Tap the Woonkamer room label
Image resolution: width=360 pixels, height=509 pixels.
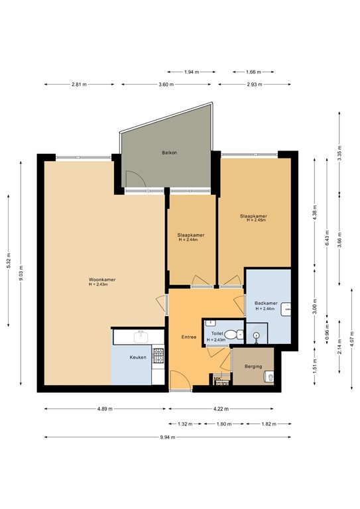tap(102, 280)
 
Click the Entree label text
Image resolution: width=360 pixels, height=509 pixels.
tap(189, 337)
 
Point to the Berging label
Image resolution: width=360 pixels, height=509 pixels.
tap(253, 367)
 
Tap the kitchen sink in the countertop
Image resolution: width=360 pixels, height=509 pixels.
tap(140, 337)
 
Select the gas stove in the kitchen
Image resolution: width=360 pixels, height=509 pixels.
tap(158, 357)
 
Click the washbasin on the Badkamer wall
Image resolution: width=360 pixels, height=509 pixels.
tap(287, 309)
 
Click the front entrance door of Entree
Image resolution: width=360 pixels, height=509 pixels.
tap(180, 380)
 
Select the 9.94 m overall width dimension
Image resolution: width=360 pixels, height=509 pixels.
tap(169, 437)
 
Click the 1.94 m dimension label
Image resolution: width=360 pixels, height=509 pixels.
tap(190, 72)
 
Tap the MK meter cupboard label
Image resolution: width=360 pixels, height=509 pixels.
tap(217, 378)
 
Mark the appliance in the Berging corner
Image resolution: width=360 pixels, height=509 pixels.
tap(268, 378)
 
